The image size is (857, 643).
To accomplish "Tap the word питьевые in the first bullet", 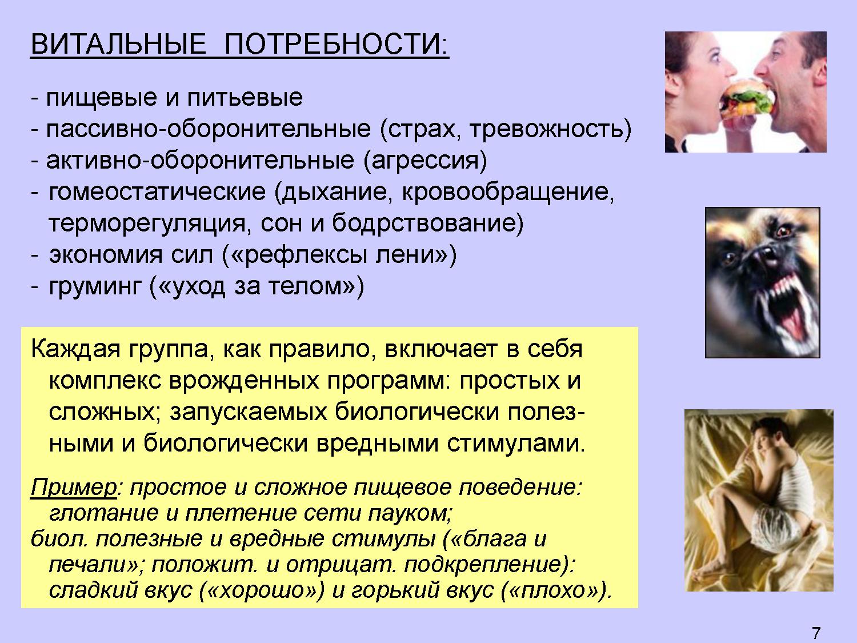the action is coord(245,98).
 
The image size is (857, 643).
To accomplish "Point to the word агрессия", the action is coord(425,161).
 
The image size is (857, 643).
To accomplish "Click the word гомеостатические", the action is coord(157,192).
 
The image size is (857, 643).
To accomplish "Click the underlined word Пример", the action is coord(73,488).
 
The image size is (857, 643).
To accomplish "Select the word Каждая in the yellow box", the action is coord(75,349).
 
